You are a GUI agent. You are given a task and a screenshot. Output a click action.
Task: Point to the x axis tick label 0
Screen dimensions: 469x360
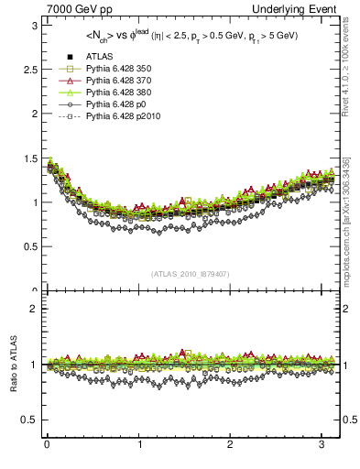point(47,445)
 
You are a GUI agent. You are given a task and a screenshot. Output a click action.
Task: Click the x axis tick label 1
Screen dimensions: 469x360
point(139,445)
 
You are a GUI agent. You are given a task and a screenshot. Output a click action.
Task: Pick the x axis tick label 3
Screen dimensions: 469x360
point(322,445)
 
